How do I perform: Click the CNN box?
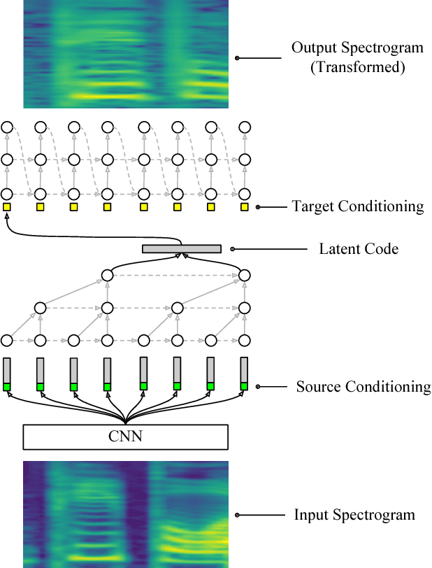pyautogui.click(x=126, y=436)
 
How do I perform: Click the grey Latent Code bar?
pyautogui.click(x=182, y=248)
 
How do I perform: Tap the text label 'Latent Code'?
pyautogui.click(x=359, y=248)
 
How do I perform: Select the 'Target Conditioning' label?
pyautogui.click(x=358, y=206)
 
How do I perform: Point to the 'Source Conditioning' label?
pyautogui.click(x=363, y=387)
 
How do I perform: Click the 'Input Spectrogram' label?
pyautogui.click(x=354, y=516)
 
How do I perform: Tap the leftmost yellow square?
pyautogui.click(x=7, y=207)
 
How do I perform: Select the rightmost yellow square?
pyautogui.click(x=245, y=207)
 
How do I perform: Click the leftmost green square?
pyautogui.click(x=7, y=387)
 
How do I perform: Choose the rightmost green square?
pyautogui.click(x=245, y=387)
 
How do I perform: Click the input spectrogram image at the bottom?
pyautogui.click(x=126, y=514)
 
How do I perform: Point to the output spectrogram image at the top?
pyautogui.click(x=126, y=54)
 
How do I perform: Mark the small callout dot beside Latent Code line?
pyautogui.click(x=233, y=248)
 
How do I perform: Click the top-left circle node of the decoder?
pyautogui.click(x=7, y=127)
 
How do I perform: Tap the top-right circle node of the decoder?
pyautogui.click(x=245, y=127)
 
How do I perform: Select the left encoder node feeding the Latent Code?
pyautogui.click(x=108, y=275)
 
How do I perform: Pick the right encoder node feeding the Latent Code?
pyautogui.click(x=245, y=275)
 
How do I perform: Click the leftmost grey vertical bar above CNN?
pyautogui.click(x=7, y=370)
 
